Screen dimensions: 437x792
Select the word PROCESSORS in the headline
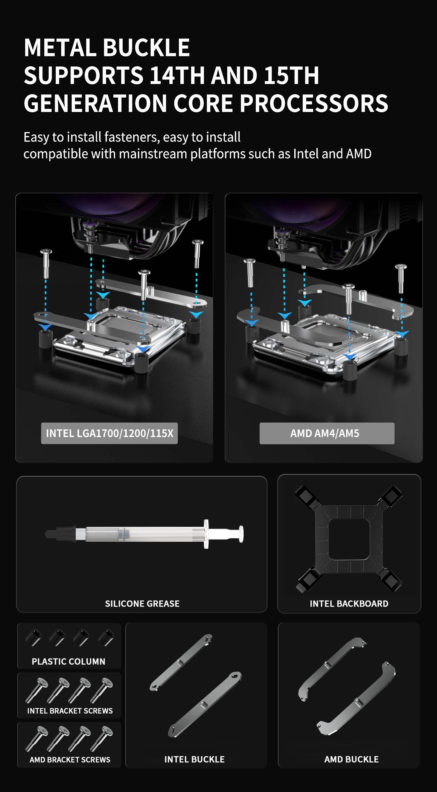coord(314,103)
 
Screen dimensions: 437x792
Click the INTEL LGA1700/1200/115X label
coord(109,433)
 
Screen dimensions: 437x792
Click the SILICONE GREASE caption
coord(142,604)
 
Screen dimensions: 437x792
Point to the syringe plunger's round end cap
coord(241,534)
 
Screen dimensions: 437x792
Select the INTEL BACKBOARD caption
coord(349,604)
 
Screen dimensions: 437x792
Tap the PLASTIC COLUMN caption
coord(68,661)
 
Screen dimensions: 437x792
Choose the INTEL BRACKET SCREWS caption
coord(70,711)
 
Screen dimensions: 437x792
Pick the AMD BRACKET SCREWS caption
coord(70,759)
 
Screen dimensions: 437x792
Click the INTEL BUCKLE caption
coord(194,759)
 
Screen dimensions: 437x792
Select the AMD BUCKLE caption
coord(351,759)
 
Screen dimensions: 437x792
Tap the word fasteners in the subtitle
coord(132,137)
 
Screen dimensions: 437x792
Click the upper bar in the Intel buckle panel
coord(181,662)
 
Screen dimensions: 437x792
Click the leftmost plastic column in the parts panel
coord(33,638)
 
